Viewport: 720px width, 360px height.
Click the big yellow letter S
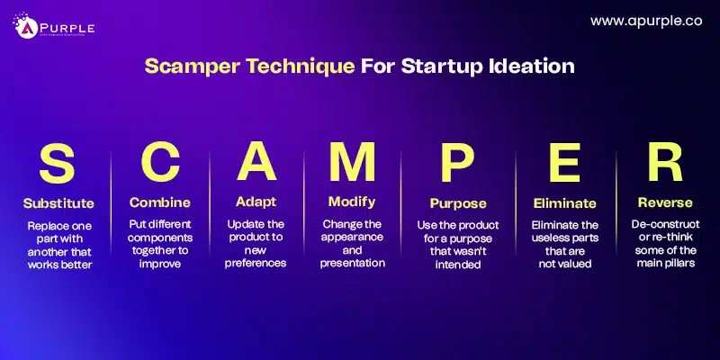(x=58, y=166)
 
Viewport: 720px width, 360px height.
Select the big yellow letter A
(x=256, y=166)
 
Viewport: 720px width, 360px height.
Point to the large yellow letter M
(x=353, y=166)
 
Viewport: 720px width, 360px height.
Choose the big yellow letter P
(x=456, y=166)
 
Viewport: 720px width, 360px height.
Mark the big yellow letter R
(x=664, y=166)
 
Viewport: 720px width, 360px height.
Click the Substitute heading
(x=58, y=202)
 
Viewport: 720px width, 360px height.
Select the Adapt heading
(x=256, y=202)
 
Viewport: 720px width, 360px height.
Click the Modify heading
(x=353, y=202)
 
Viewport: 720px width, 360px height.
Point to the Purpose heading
(x=456, y=203)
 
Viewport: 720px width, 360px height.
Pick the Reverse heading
(x=664, y=202)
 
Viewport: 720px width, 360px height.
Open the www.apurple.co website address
(x=645, y=20)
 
